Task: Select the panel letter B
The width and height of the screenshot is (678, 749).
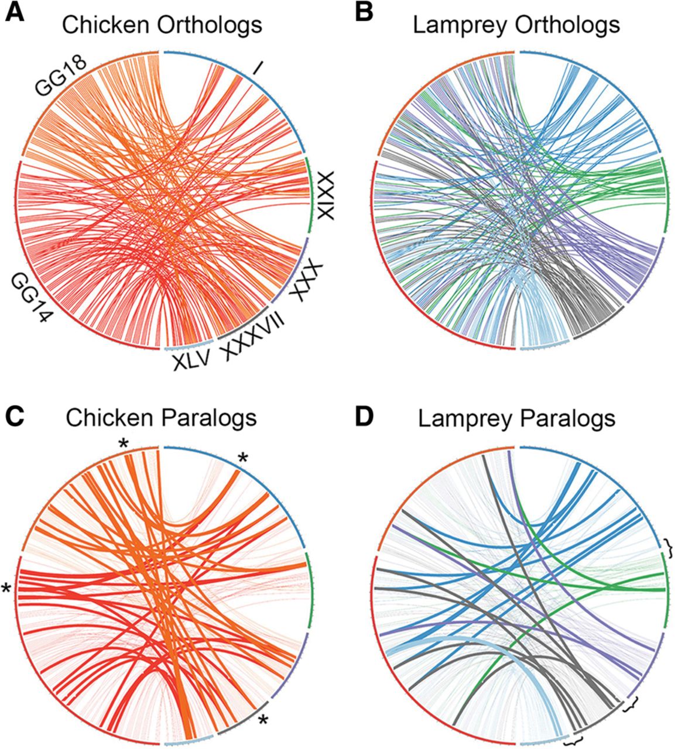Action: coord(364,13)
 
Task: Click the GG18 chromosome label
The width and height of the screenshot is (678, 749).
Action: coord(61,76)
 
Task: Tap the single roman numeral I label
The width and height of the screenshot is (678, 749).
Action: coord(258,68)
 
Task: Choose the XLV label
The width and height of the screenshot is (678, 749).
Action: coord(191,360)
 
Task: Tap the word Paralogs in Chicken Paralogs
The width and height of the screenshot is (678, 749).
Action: coord(209,418)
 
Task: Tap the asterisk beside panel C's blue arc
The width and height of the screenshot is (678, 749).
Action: coord(243,458)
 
